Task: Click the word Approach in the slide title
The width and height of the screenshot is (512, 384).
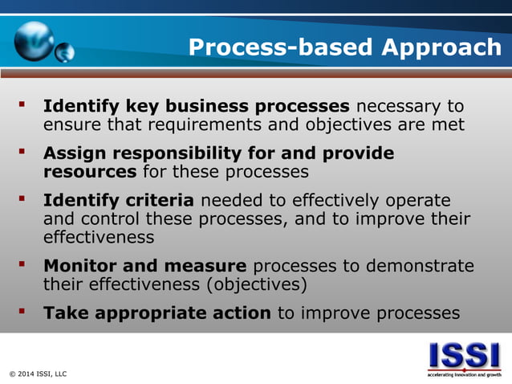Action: point(441,47)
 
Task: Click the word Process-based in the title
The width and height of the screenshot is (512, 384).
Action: point(281,47)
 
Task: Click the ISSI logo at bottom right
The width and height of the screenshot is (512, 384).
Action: point(464,354)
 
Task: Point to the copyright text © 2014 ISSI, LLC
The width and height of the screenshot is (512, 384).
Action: point(38,374)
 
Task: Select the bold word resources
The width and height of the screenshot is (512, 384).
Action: point(90,172)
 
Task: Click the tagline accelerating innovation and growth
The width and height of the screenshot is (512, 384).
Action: point(464,374)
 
